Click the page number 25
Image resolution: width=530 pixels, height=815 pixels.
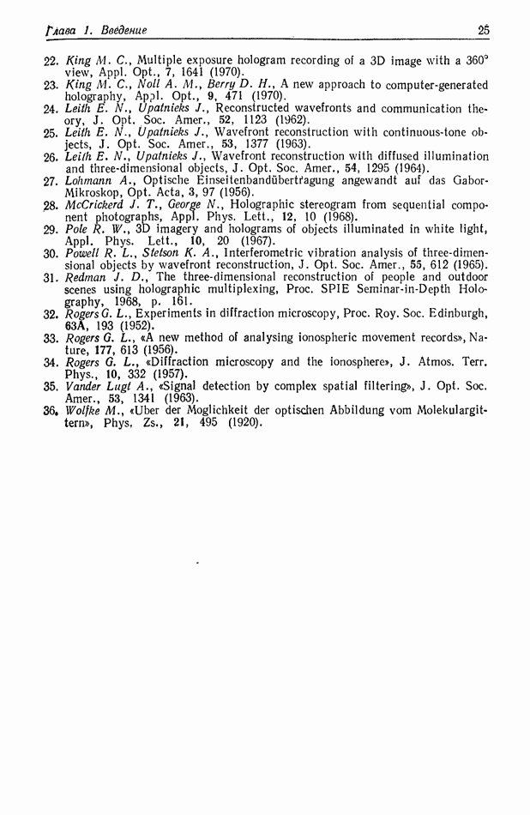tap(484, 31)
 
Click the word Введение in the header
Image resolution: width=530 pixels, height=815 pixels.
tap(123, 31)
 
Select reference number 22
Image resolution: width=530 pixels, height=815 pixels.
tap(50, 61)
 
